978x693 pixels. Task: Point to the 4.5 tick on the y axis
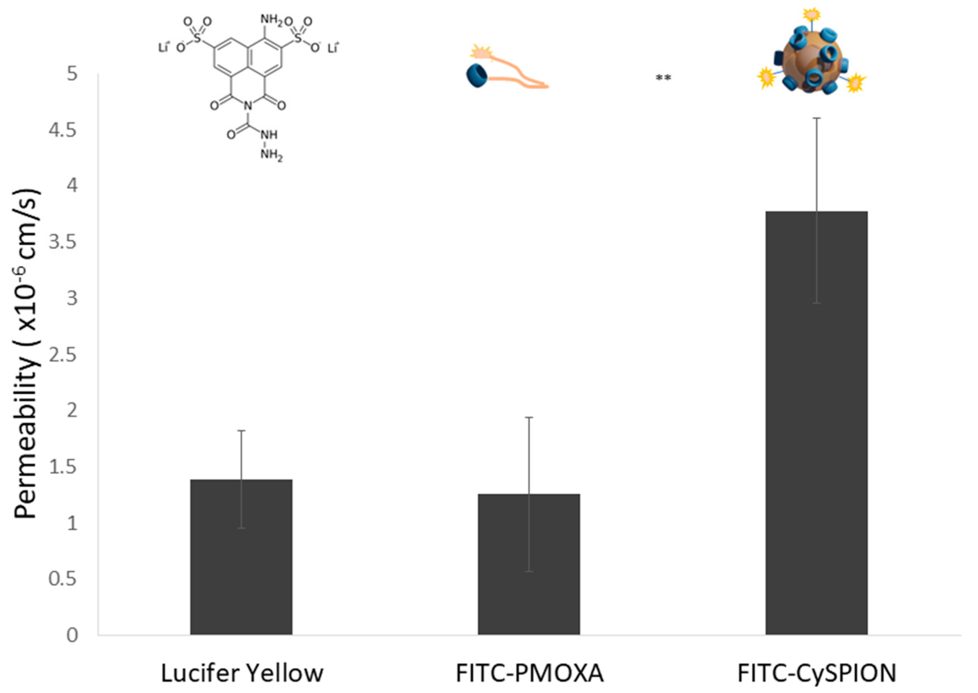(x=63, y=130)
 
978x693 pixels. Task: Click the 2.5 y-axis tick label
(x=63, y=355)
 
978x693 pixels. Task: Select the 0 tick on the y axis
(x=72, y=635)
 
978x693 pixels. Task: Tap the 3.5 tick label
(x=63, y=242)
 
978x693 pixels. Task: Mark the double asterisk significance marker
(x=663, y=78)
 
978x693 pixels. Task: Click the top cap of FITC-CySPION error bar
(x=816, y=118)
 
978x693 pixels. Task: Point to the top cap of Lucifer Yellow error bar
(x=241, y=431)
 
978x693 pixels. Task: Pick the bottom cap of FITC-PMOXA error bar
(x=529, y=571)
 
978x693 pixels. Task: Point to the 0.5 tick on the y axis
(x=63, y=579)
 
